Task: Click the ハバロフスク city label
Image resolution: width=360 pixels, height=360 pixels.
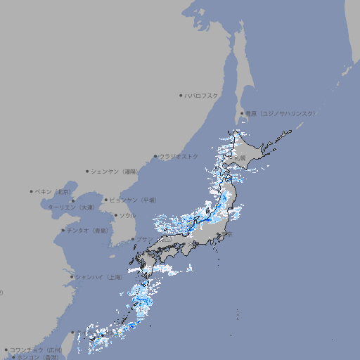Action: click(x=202, y=95)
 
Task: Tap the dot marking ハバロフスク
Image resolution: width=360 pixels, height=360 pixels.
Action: click(x=181, y=95)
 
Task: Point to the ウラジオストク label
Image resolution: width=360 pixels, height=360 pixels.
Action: click(x=179, y=156)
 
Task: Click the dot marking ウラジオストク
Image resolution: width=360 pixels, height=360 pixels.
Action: click(x=155, y=157)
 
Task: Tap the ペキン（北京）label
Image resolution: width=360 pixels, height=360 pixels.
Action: click(x=54, y=191)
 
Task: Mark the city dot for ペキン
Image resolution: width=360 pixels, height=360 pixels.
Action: click(x=32, y=191)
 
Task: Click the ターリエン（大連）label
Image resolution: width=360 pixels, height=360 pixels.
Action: click(x=71, y=207)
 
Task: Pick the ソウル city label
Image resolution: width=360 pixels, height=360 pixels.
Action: click(x=127, y=215)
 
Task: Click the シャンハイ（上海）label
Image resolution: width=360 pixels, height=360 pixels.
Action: click(x=98, y=277)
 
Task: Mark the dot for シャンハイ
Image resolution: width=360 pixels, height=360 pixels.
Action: click(x=71, y=276)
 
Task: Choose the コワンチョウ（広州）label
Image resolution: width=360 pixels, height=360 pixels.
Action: click(x=35, y=349)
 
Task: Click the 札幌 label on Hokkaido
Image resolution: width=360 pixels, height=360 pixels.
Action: click(x=241, y=159)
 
